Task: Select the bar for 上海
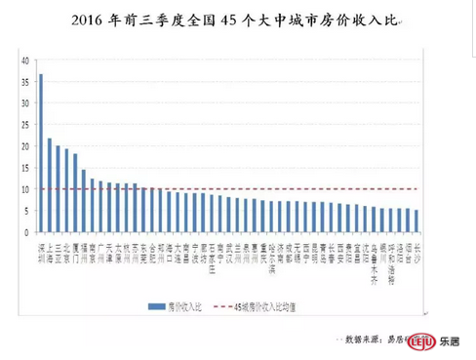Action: pos(49,185)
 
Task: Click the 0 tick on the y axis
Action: pos(26,232)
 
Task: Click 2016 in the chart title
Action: pos(90,20)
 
